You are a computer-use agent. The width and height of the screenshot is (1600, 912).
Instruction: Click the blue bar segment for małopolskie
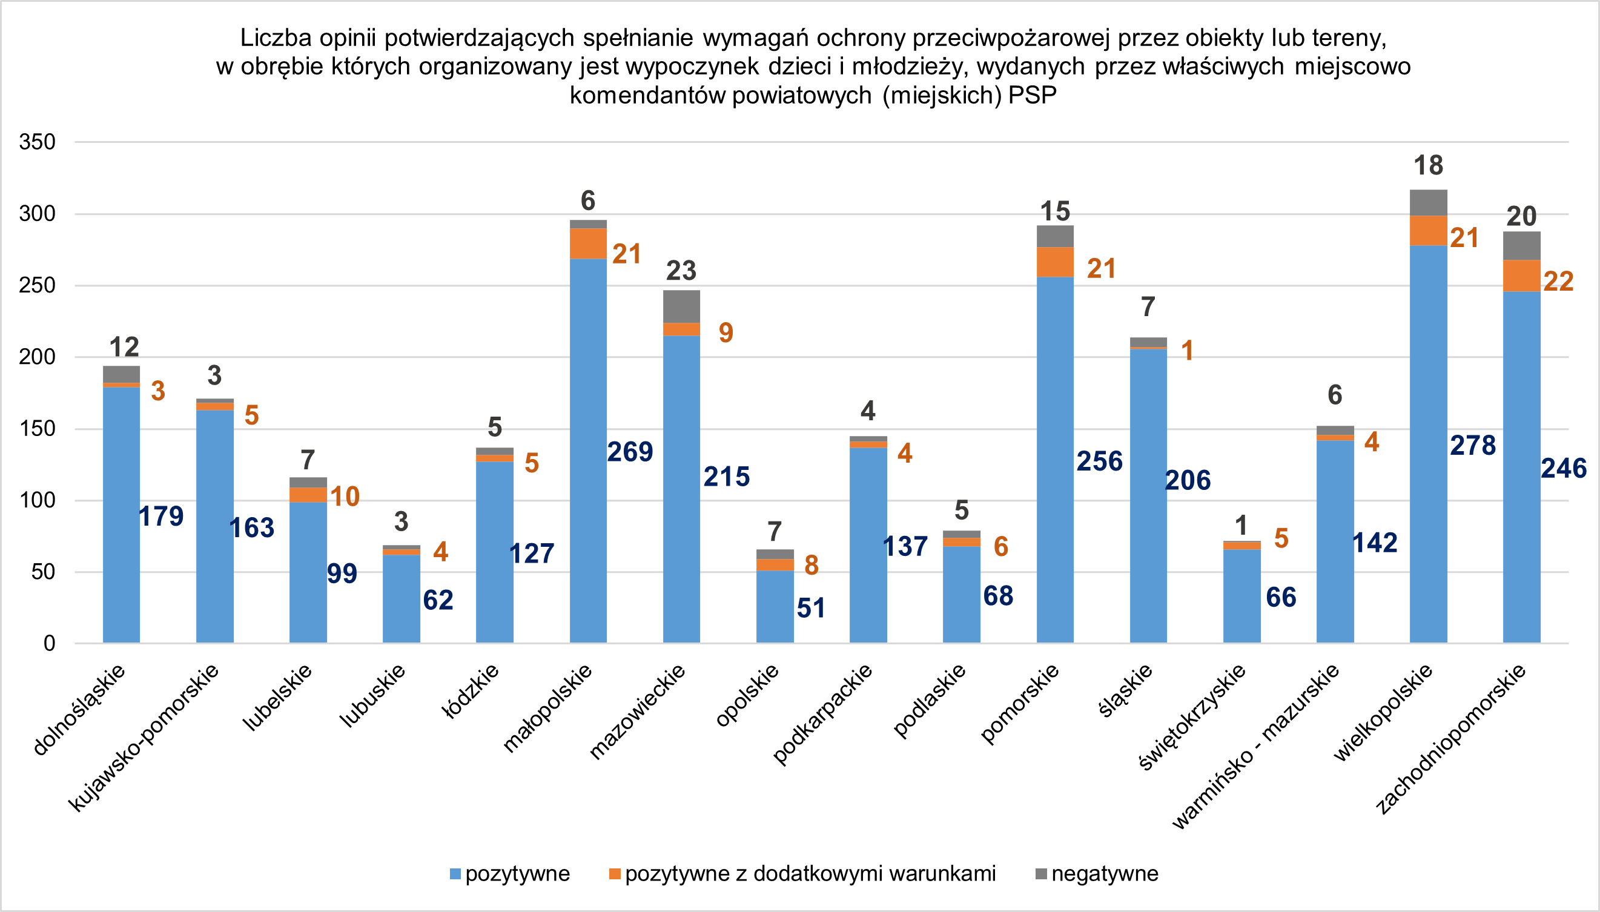click(x=588, y=451)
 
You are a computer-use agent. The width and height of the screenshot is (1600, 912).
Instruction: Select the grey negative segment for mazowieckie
click(x=681, y=306)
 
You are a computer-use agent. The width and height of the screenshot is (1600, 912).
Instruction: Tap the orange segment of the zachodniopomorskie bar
click(x=1521, y=276)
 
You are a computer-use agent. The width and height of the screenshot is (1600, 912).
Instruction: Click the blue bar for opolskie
click(x=775, y=606)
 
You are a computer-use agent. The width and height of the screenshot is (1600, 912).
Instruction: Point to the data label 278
click(x=1473, y=445)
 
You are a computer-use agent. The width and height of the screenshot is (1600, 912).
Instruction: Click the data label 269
click(x=630, y=452)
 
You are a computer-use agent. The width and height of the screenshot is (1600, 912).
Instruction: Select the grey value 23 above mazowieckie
click(x=681, y=271)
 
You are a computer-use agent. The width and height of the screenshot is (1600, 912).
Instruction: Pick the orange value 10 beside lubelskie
click(x=345, y=497)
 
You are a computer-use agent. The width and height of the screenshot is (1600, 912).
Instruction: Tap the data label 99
click(x=342, y=573)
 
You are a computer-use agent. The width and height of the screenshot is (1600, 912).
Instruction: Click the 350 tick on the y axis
click(x=38, y=142)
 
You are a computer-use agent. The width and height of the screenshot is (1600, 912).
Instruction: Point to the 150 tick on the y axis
click(x=38, y=429)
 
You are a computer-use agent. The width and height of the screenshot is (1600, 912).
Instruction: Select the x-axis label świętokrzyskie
click(x=1192, y=717)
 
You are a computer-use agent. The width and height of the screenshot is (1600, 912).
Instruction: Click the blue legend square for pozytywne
click(x=455, y=874)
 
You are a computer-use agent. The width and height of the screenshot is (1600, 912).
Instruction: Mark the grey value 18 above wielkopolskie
click(x=1429, y=165)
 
